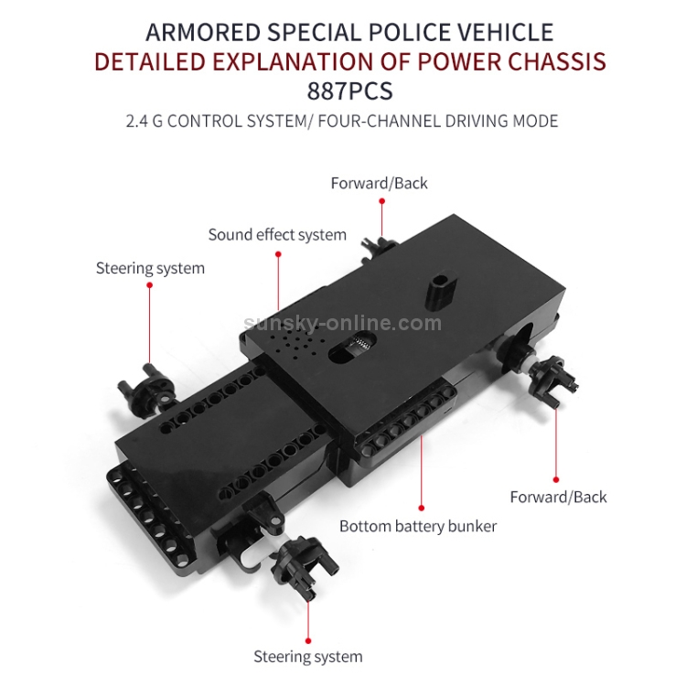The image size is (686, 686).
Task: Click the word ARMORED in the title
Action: tap(204, 33)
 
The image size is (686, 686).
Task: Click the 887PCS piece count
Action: tap(343, 91)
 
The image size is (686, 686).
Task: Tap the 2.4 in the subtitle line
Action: tap(139, 121)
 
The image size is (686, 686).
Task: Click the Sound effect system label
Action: tap(277, 235)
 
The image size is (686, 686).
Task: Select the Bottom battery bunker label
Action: tap(418, 526)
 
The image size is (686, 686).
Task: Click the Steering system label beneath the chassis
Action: tap(307, 657)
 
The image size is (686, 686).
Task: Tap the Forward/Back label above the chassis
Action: tap(379, 183)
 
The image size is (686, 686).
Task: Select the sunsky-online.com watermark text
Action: tap(343, 323)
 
